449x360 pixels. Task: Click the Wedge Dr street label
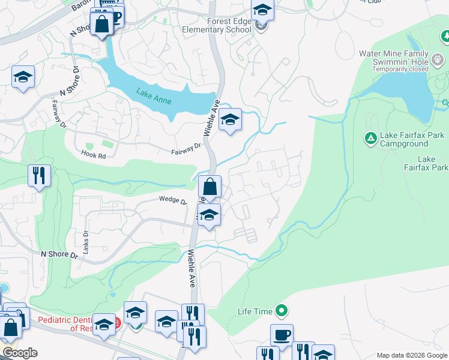click(x=173, y=200)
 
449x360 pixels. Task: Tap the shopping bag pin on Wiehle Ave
click(x=209, y=187)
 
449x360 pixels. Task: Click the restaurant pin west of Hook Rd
click(x=39, y=175)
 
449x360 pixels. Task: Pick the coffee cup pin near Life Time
click(x=281, y=334)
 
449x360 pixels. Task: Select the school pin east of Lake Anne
click(x=230, y=119)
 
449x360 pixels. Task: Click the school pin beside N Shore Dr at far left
click(x=23, y=77)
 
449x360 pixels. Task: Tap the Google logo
click(x=20, y=353)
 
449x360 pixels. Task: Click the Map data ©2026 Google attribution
click(x=411, y=355)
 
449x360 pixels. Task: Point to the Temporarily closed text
click(x=402, y=69)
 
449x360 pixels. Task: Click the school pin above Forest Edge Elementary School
click(x=262, y=10)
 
